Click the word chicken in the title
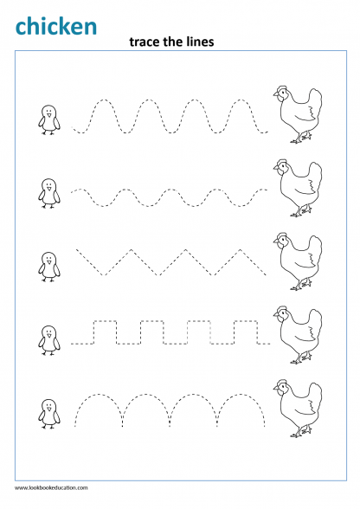pos(56,26)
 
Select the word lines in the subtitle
pos(200,42)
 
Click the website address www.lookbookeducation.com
pos(51,487)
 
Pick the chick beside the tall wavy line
pos(49,119)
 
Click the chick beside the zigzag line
pos(49,267)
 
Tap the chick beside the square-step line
pos(49,340)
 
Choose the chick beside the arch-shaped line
pos(49,414)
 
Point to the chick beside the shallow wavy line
pos(49,193)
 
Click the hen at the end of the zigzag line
pos(298,261)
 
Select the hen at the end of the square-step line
pos(298,335)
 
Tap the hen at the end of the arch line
pos(298,408)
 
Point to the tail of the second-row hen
pos(313,172)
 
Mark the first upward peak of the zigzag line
pos(132,249)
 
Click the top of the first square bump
pos(106,321)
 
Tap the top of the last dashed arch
pos(241,395)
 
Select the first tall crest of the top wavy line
pos(104,100)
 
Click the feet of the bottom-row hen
pos(301,433)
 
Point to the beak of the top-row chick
pos(49,115)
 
